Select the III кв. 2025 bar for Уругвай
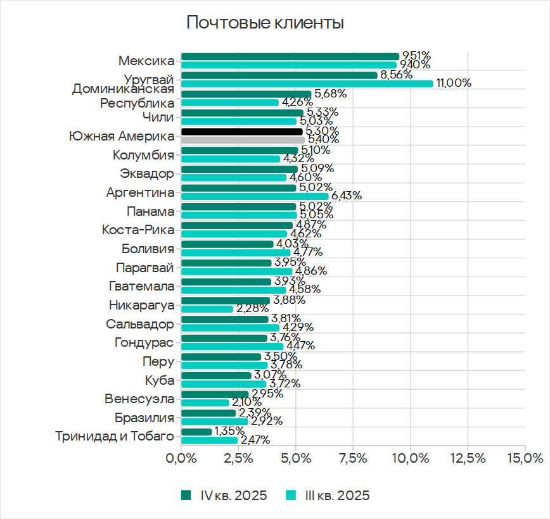click(x=307, y=84)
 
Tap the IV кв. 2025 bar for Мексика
click(x=290, y=56)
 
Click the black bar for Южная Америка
click(x=241, y=132)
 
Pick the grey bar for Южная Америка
click(x=243, y=140)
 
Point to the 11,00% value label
click(x=454, y=83)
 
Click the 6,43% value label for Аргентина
click(x=347, y=196)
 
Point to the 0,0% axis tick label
click(x=181, y=458)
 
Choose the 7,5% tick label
click(x=353, y=458)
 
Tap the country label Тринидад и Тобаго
click(x=114, y=436)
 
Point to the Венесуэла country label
click(x=139, y=399)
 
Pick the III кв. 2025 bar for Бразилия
click(x=214, y=421)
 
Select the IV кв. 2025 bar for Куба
click(x=216, y=375)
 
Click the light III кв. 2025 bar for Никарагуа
click(x=207, y=309)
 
